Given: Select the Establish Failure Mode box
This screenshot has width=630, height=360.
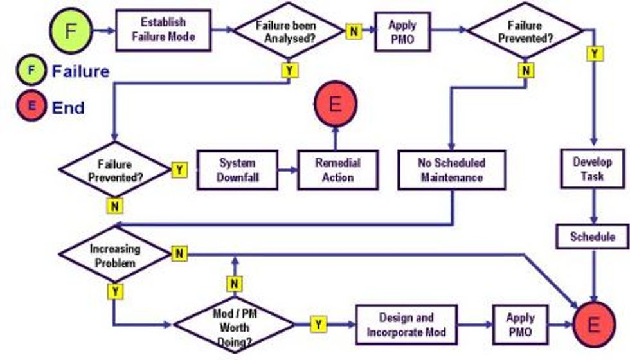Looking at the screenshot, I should [163, 30].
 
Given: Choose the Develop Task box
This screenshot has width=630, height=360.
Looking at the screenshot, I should [592, 169].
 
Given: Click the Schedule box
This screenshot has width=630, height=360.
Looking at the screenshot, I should [592, 237].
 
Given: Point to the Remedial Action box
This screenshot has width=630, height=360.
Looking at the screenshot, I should [337, 170].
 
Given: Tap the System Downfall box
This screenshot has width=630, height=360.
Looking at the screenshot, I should [238, 170].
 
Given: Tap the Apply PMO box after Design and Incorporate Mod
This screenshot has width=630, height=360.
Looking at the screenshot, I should [520, 325].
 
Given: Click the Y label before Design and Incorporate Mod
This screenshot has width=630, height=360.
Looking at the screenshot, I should [318, 325].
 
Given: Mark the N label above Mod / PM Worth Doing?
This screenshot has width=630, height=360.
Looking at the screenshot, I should [235, 283].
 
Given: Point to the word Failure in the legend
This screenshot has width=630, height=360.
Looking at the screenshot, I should [80, 71].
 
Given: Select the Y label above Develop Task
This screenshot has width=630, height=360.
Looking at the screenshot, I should [595, 54].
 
